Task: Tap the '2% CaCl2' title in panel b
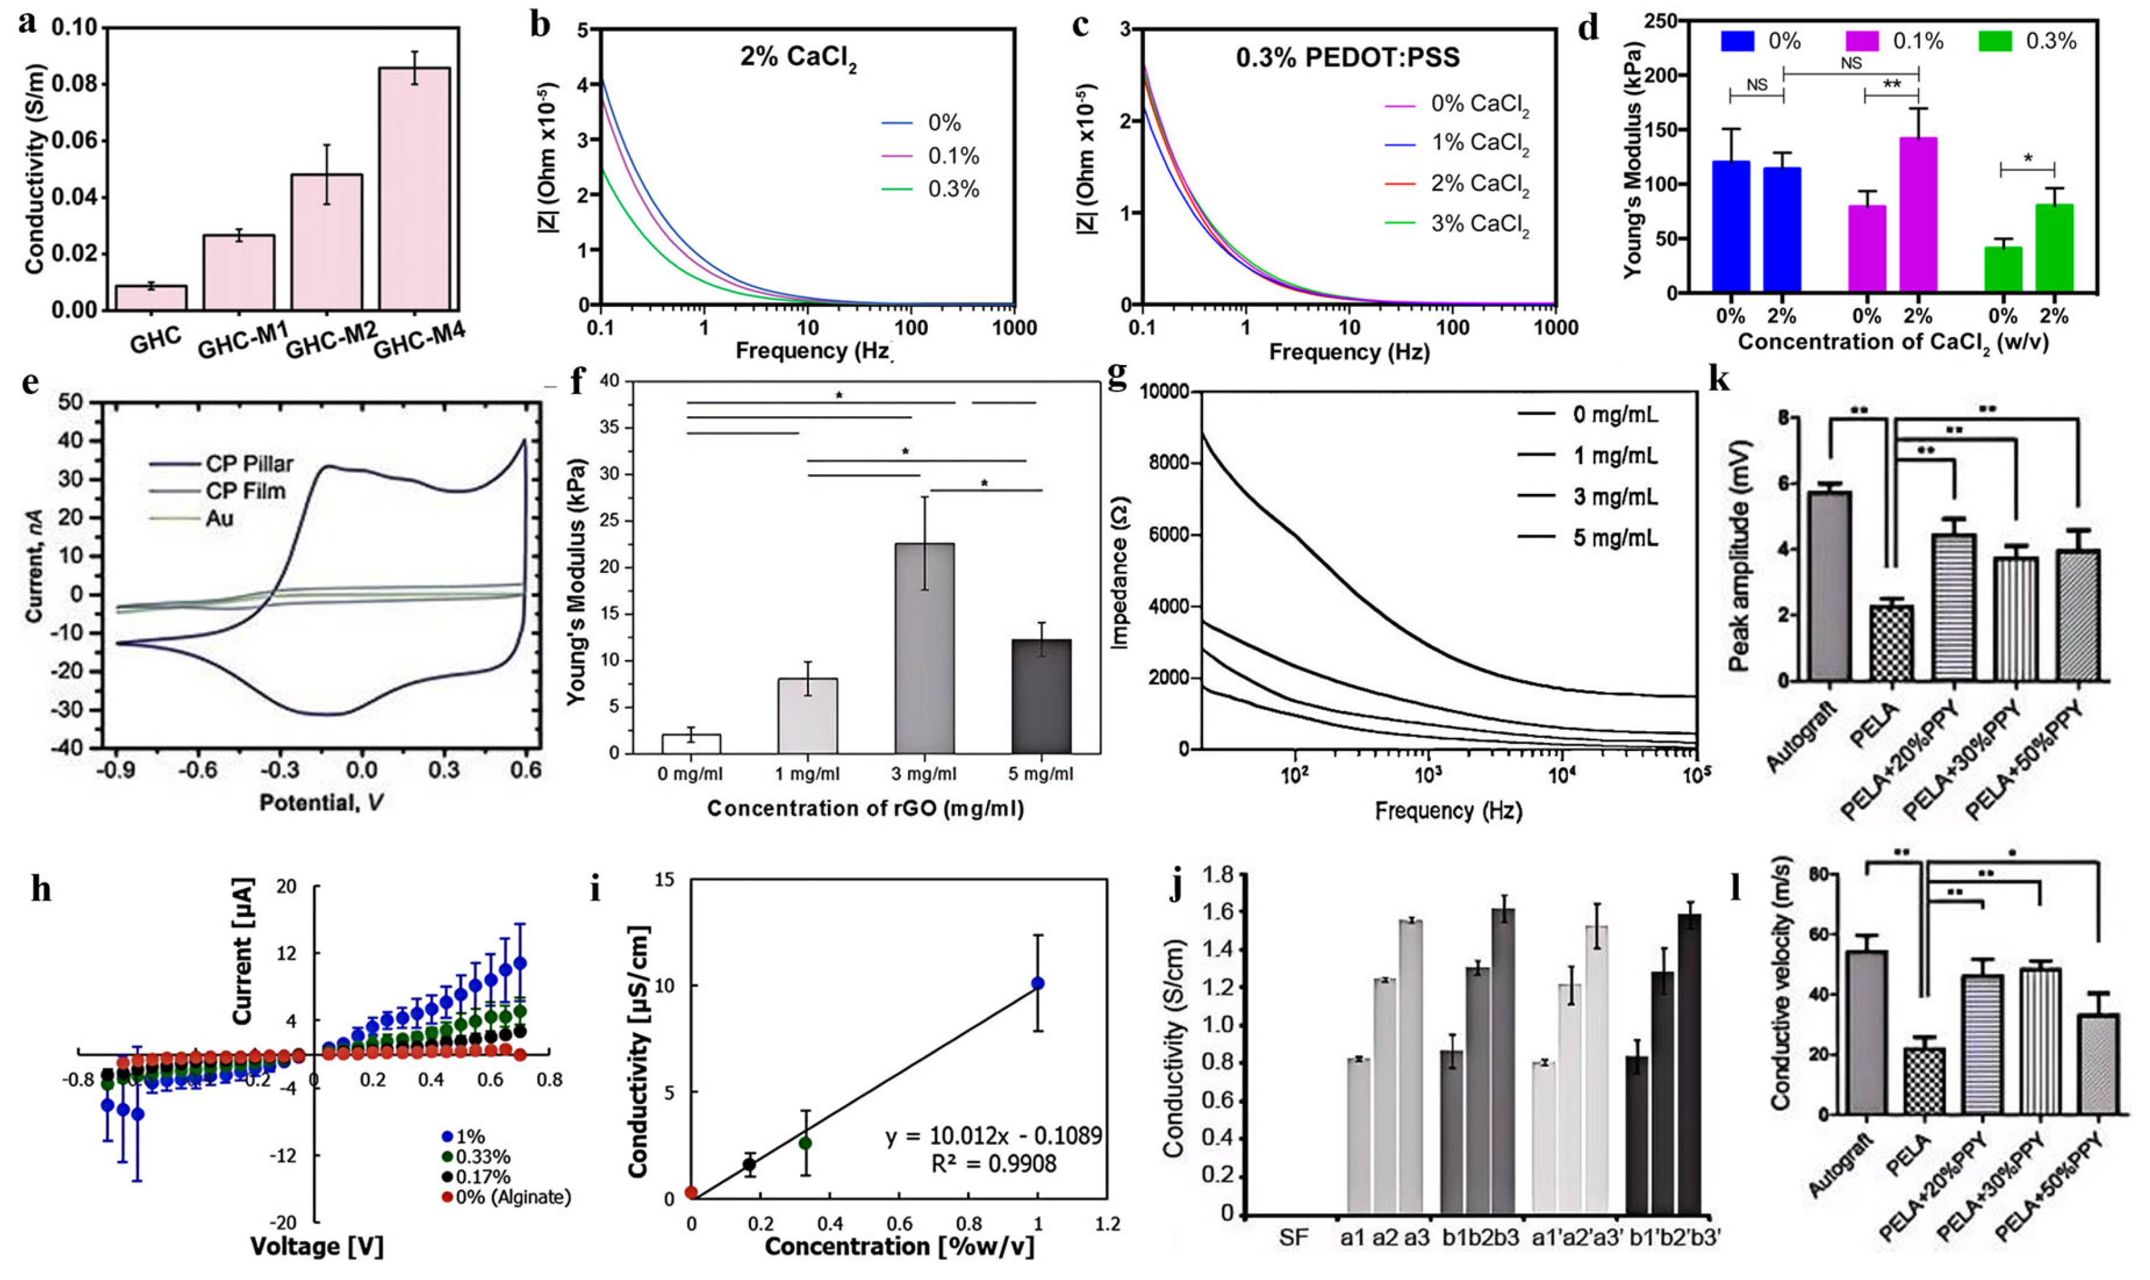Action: point(798,59)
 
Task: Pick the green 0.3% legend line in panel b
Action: point(896,190)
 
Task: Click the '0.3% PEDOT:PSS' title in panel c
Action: point(1348,58)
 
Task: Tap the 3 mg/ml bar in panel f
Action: point(924,648)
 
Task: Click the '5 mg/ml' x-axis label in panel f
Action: point(1041,774)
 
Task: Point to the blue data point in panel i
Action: point(1038,983)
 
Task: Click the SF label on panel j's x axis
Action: point(1293,1238)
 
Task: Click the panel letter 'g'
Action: point(1117,377)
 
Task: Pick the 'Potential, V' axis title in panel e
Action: point(321,802)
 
